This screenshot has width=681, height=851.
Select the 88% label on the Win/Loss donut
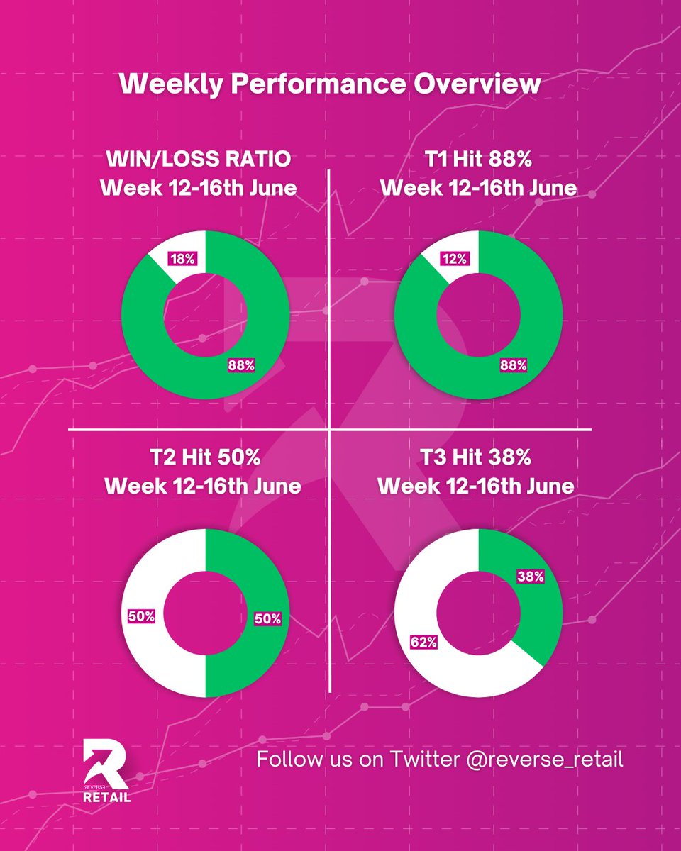(240, 365)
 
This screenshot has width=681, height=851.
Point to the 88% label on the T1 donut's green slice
(513, 365)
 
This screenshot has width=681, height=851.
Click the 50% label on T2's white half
(142, 616)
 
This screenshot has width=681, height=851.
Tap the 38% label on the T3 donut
(530, 577)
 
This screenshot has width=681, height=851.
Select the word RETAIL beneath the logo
(106, 796)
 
